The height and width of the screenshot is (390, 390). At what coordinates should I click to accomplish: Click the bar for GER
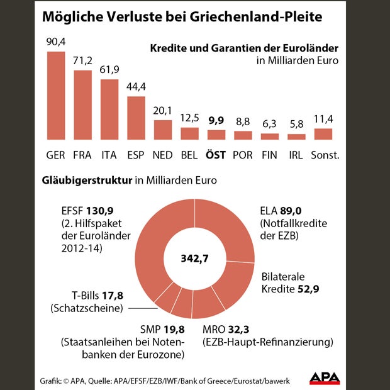[x=56, y=95]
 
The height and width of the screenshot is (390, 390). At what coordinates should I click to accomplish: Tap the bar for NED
[x=163, y=129]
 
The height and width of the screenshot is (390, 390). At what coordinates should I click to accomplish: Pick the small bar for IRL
[x=296, y=136]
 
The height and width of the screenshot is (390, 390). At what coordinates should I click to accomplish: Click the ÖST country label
[x=216, y=155]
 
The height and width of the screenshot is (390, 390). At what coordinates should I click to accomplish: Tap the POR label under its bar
[x=243, y=155]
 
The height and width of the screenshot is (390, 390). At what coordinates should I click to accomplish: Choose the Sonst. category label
[x=323, y=155]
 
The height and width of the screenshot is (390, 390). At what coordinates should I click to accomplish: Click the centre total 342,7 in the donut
[x=195, y=259]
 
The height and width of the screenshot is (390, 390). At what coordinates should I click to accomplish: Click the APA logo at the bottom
[x=325, y=378]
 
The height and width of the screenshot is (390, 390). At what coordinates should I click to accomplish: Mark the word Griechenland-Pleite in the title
[x=245, y=18]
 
